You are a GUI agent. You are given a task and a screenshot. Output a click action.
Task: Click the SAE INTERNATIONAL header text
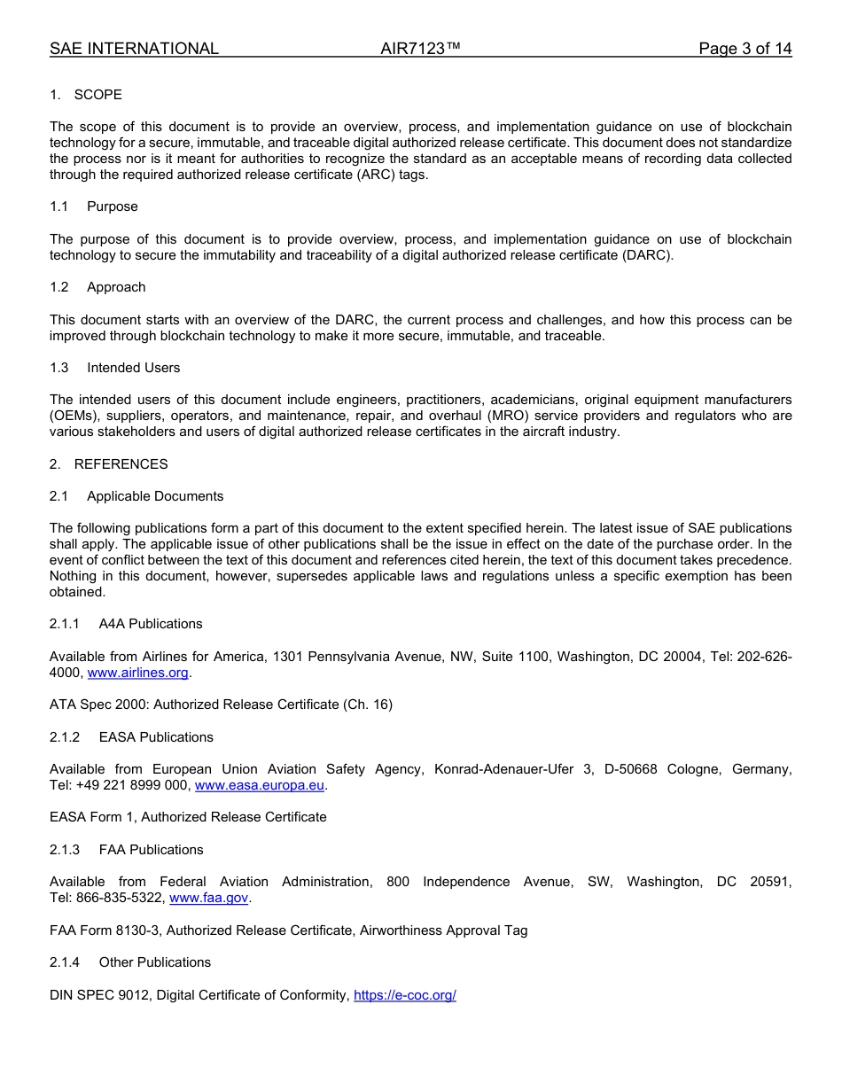(x=134, y=49)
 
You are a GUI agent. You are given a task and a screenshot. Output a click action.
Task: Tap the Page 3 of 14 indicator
(x=745, y=49)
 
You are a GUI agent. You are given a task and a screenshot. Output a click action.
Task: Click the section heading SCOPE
(x=97, y=95)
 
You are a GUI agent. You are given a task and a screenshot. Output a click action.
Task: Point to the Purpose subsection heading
(x=112, y=206)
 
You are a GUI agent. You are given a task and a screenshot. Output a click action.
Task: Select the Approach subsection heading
(x=116, y=287)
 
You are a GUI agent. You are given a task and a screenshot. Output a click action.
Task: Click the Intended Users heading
(x=133, y=368)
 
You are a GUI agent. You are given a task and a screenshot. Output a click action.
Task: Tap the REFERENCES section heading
(x=121, y=464)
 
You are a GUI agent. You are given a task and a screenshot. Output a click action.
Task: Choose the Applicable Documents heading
(x=155, y=496)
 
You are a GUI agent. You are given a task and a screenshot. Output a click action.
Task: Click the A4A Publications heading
(x=151, y=624)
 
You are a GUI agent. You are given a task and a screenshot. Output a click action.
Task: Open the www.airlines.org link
(x=138, y=673)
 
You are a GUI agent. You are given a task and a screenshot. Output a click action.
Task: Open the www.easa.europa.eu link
(x=260, y=785)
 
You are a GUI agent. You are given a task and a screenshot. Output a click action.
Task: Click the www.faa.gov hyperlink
(x=208, y=898)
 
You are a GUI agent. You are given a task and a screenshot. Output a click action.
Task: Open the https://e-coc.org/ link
(x=405, y=995)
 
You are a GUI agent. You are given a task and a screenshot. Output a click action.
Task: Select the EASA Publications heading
(x=156, y=737)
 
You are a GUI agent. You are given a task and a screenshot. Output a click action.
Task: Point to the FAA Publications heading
(x=151, y=850)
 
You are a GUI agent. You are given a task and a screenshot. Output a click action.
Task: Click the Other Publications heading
(x=154, y=962)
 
